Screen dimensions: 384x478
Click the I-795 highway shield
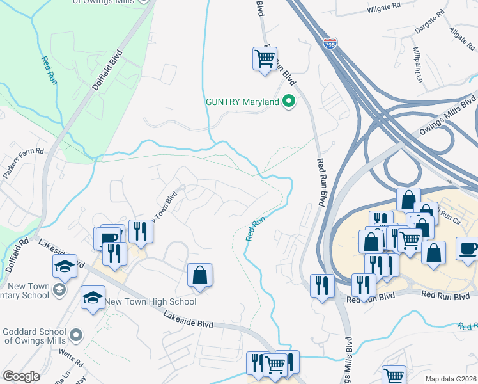pos(329,43)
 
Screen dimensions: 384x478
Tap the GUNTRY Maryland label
pos(242,102)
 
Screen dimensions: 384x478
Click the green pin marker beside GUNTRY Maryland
pos(289,101)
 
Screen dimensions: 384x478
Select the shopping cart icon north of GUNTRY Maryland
pos(264,59)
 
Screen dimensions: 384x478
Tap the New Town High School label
pos(151,301)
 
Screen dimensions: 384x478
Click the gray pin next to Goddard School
pos(76,335)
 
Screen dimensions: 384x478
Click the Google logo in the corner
pos(21,376)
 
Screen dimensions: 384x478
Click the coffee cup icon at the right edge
pos(468,248)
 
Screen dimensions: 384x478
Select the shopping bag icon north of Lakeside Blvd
pos(200,275)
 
